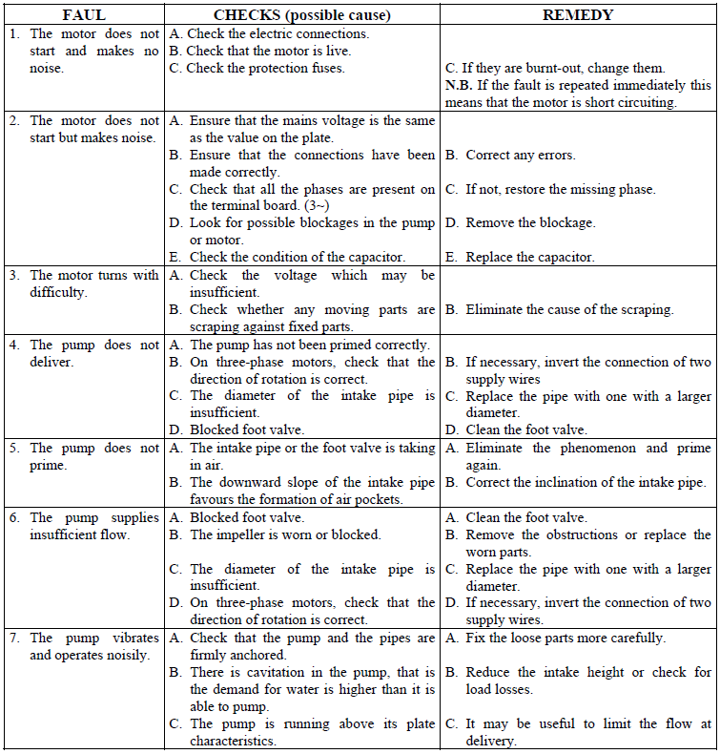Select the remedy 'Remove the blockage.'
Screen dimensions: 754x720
pyautogui.click(x=529, y=223)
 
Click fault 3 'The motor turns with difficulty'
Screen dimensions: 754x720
pyautogui.click(x=84, y=283)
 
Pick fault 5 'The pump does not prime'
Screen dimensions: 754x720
pyautogui.click(x=84, y=456)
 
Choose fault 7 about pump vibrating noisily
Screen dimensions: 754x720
pyautogui.click(x=84, y=646)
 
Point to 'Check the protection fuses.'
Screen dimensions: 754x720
pyautogui.click(x=265, y=69)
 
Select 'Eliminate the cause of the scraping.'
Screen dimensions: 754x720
pyautogui.click(x=568, y=309)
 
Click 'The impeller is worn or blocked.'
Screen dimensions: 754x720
pyautogui.click(x=285, y=534)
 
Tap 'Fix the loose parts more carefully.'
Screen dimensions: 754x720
pyautogui.click(x=565, y=638)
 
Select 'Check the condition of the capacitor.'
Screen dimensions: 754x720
pyautogui.click(x=298, y=258)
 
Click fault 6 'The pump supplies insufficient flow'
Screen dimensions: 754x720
pyautogui.click(x=84, y=526)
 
